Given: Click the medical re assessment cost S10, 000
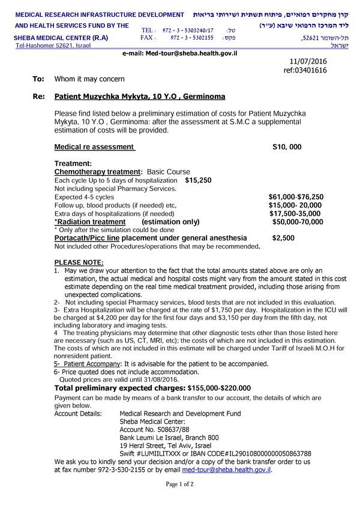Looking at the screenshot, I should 287,147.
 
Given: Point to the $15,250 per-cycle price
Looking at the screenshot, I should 198,180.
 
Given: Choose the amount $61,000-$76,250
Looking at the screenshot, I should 296,197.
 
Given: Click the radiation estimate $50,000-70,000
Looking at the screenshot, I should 297,222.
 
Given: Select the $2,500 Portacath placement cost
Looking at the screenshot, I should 283,238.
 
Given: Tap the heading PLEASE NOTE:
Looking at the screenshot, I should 79,262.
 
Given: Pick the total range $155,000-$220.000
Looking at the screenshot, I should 202,388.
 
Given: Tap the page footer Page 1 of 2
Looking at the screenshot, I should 179,484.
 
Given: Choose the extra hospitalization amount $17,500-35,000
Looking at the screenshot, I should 295,213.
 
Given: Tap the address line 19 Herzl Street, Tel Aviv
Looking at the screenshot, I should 166,445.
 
